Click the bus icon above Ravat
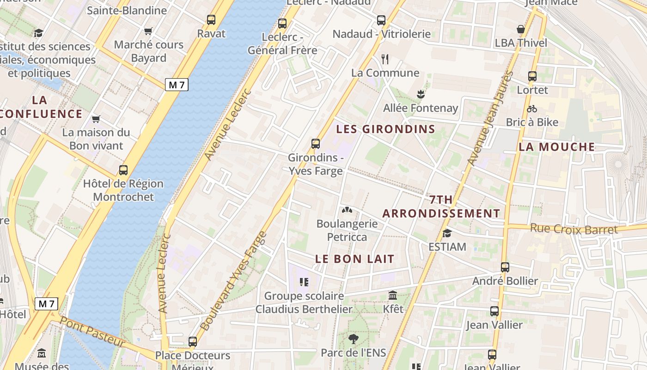(211, 20)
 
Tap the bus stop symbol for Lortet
(532, 76)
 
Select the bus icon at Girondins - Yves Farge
(316, 144)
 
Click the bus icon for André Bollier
(505, 267)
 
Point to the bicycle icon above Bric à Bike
(532, 109)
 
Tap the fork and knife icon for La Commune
(385, 59)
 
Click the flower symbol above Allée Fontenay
(421, 94)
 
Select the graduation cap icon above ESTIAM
(447, 233)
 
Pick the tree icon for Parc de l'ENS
(354, 339)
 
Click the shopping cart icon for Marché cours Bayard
(148, 31)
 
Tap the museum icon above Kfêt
(393, 295)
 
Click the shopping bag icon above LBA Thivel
(521, 29)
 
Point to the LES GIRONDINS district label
(385, 129)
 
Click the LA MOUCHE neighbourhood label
(557, 147)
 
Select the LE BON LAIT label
(355, 259)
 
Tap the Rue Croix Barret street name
(574, 229)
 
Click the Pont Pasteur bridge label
(92, 332)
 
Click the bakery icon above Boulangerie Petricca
(347, 210)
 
